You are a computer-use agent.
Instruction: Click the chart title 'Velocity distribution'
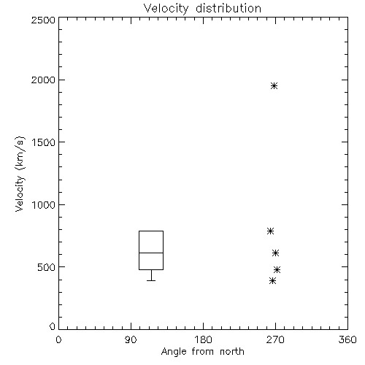tap(202, 9)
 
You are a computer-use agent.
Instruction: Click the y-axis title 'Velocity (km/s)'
tap(20, 174)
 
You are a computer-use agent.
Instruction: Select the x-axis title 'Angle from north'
tap(202, 352)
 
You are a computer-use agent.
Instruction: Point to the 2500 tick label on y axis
tap(43, 20)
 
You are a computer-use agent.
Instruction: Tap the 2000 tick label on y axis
tap(43, 80)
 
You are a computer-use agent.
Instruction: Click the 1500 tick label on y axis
tap(44, 142)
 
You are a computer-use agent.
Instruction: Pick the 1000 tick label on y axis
tap(44, 205)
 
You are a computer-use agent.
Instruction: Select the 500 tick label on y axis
tap(47, 267)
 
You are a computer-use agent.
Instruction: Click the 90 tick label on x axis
tap(131, 339)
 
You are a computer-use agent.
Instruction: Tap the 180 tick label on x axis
tap(203, 339)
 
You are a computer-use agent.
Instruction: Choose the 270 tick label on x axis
tap(275, 339)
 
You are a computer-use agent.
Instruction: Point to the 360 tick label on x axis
tap(347, 339)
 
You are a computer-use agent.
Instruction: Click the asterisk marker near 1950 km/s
tap(274, 85)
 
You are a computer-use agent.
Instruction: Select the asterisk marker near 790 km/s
tap(270, 231)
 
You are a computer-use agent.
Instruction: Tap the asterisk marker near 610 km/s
tap(275, 253)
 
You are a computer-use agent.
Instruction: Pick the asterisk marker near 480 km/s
tap(277, 269)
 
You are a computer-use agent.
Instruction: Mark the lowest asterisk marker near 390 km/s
tap(273, 281)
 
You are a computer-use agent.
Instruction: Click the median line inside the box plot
tap(151, 253)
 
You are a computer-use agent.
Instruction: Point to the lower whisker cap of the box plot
tap(151, 280)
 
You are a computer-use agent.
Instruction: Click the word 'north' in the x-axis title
tap(232, 352)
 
